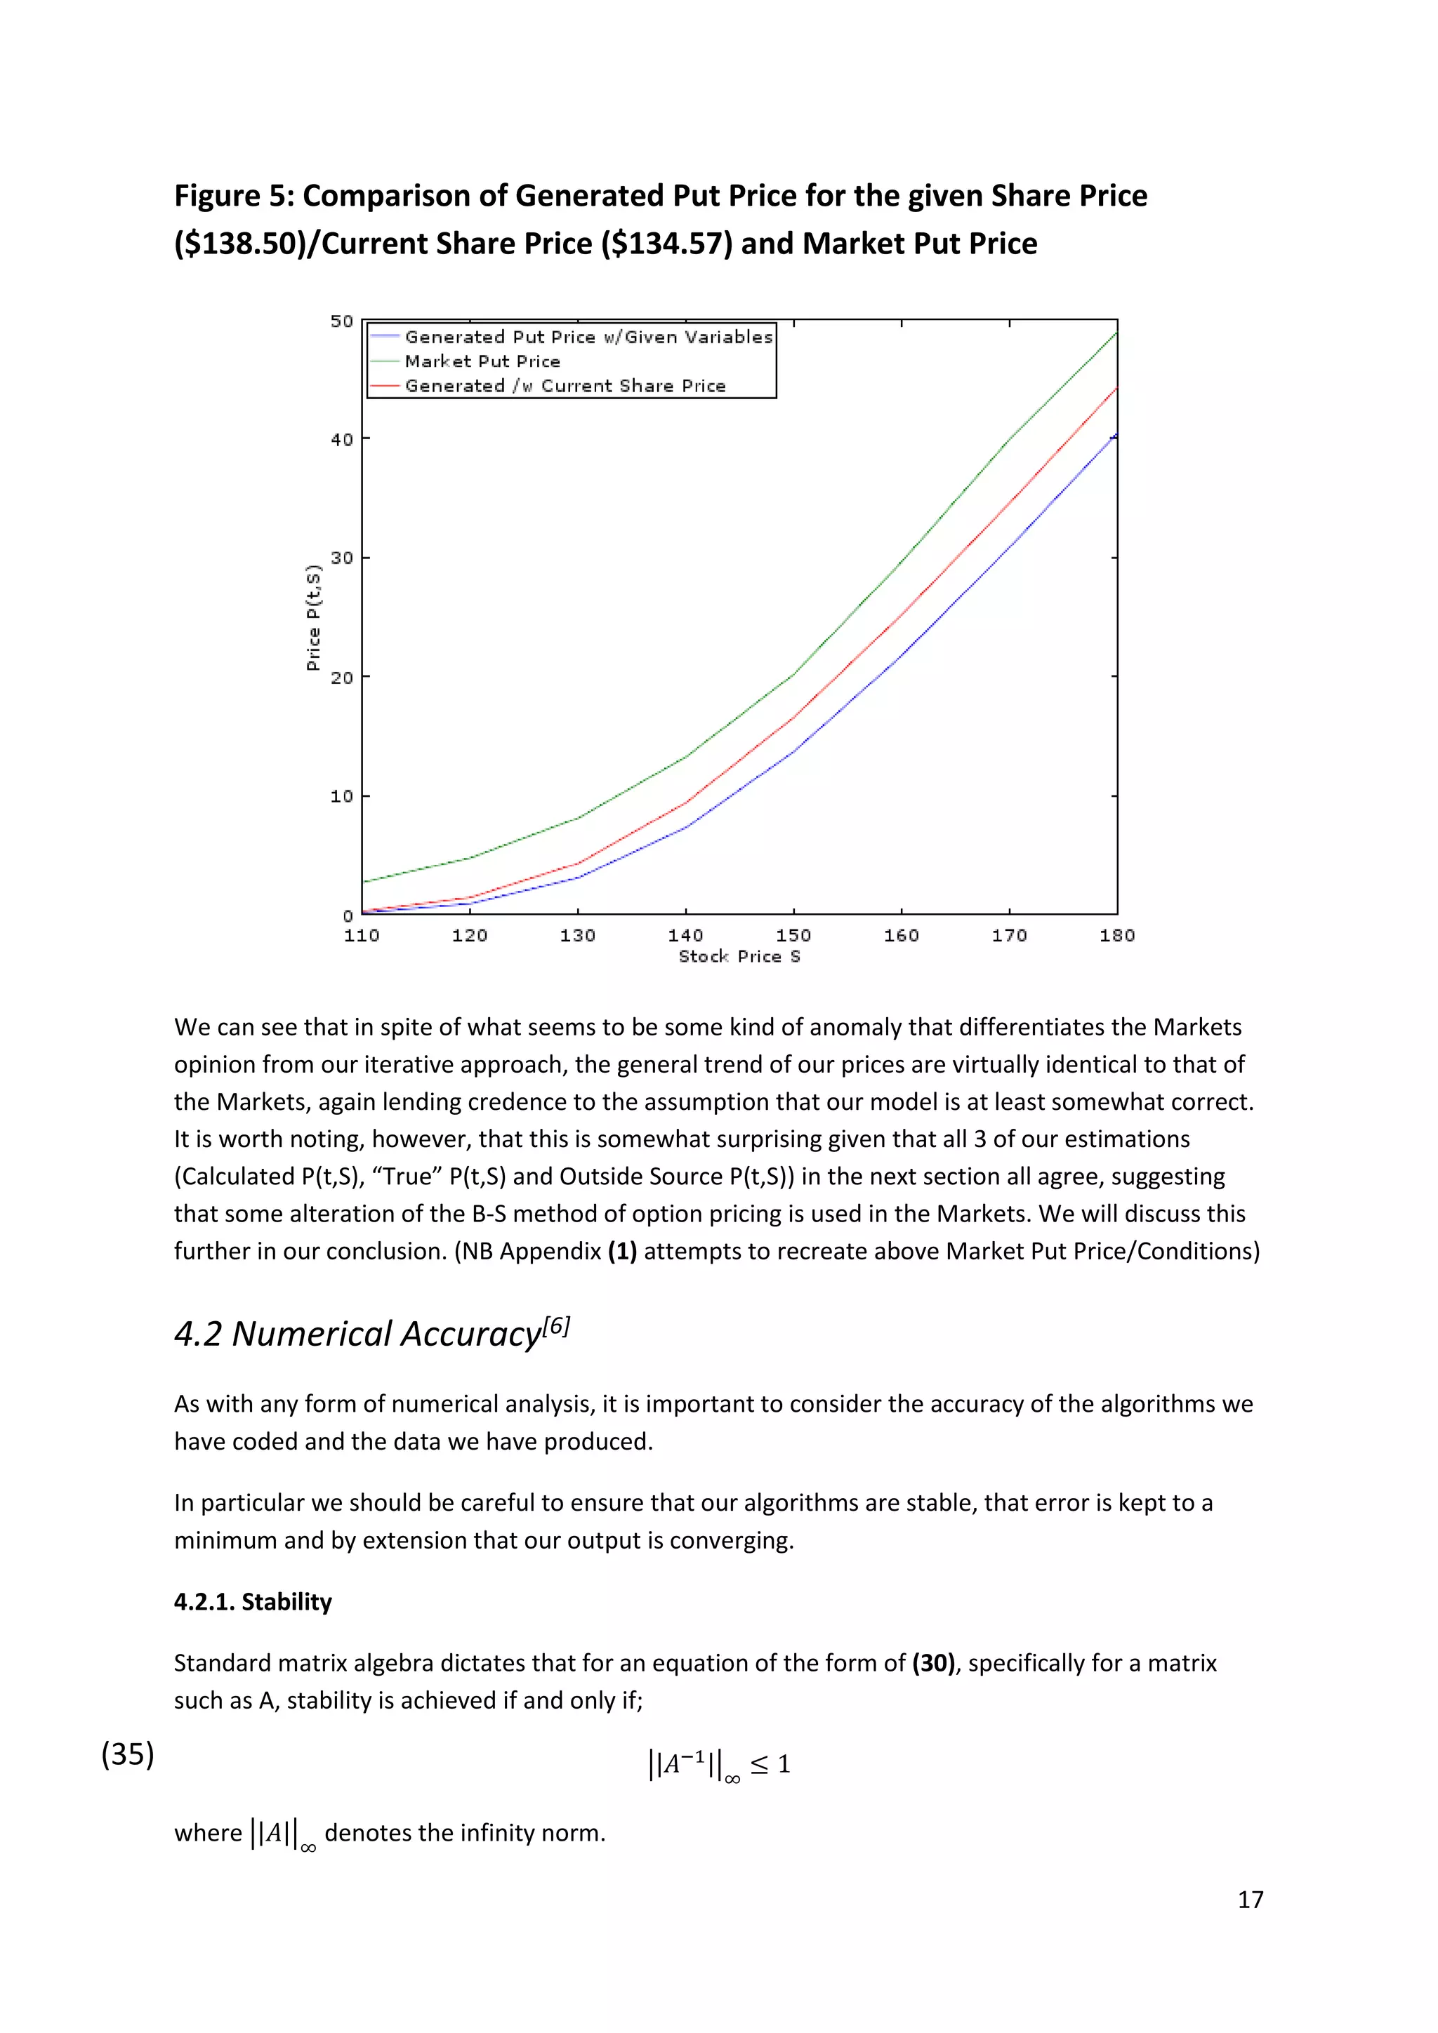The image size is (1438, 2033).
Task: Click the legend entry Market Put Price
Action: point(482,362)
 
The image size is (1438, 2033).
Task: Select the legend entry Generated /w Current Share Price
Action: point(565,386)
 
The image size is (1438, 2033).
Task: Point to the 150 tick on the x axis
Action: point(793,935)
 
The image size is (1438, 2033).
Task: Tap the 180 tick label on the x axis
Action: point(1116,935)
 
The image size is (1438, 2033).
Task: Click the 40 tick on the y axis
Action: point(342,439)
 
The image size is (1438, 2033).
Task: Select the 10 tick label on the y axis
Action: point(342,796)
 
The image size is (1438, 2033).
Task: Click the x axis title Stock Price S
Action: point(739,956)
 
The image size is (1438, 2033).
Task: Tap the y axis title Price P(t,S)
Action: point(312,617)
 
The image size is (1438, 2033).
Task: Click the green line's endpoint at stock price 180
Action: point(1116,333)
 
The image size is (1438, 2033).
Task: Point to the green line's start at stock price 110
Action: point(363,881)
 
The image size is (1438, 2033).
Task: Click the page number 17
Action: point(1249,1900)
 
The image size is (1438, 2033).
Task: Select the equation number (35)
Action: point(128,1754)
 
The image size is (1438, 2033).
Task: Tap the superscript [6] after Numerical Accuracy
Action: point(556,1325)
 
